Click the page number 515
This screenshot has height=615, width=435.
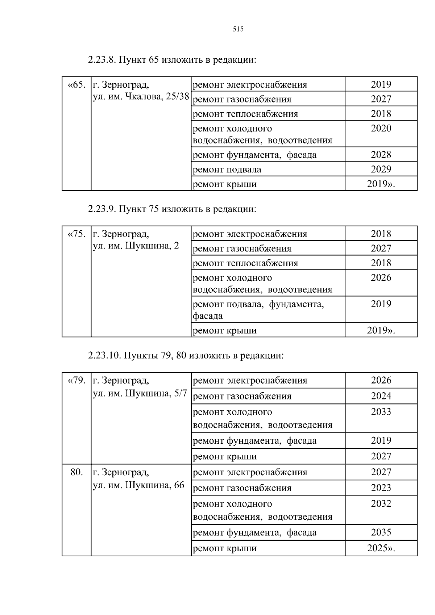point(238,30)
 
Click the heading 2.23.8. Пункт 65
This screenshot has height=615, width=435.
point(172,60)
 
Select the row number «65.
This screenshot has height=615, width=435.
point(76,85)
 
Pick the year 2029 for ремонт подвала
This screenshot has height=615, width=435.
point(381,169)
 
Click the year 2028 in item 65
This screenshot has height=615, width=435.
point(381,155)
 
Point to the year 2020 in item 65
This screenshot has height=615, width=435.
point(381,129)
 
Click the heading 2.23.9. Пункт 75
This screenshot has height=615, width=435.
point(172,209)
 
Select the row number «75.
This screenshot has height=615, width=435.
point(76,234)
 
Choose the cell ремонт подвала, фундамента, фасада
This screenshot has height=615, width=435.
point(258,310)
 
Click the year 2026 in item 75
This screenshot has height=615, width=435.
point(381,278)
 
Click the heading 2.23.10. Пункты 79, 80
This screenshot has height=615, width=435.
point(186,356)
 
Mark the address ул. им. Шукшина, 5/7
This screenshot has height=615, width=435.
point(140,393)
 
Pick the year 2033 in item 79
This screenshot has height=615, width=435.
point(381,412)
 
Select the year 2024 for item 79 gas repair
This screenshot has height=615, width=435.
point(381,396)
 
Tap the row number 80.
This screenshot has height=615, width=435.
point(76,472)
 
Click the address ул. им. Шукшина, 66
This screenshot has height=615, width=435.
point(138,485)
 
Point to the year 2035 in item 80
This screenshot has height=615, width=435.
point(381,532)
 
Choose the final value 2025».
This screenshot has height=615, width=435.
point(381,548)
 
